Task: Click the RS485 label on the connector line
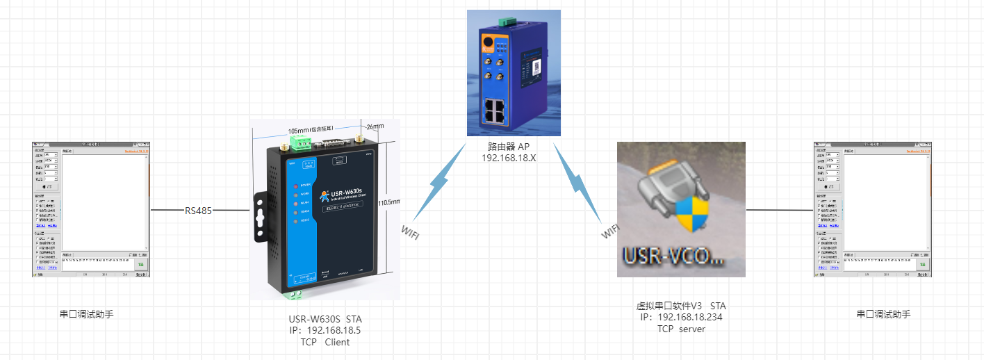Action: click(198, 210)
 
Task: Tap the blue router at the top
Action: click(514, 73)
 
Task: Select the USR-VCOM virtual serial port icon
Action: click(681, 208)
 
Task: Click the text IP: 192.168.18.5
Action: click(325, 331)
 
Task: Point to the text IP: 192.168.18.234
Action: click(681, 318)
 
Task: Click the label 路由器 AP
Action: click(514, 147)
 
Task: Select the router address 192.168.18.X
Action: click(514, 158)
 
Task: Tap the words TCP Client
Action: click(325, 342)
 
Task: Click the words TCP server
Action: click(681, 329)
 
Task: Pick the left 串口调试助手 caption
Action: click(86, 314)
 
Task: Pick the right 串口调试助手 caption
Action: click(883, 314)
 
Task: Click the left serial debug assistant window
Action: click(91, 209)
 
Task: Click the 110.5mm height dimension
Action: click(389, 202)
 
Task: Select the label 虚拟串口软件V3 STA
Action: click(681, 306)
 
